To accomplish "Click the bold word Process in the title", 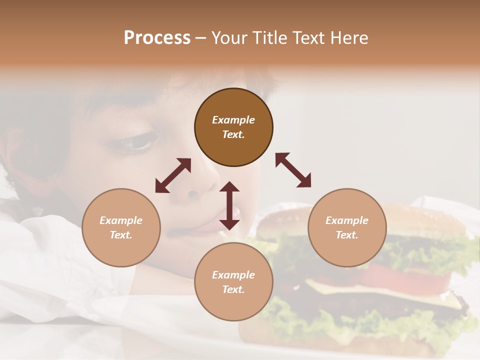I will [157, 38].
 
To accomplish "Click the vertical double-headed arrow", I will [229, 205].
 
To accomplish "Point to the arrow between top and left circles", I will [173, 175].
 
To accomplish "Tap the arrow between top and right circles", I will [293, 170].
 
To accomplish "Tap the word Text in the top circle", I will [233, 134].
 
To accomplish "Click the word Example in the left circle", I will [121, 220].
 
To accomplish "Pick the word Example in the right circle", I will [347, 220].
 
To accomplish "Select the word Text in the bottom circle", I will [233, 289].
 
